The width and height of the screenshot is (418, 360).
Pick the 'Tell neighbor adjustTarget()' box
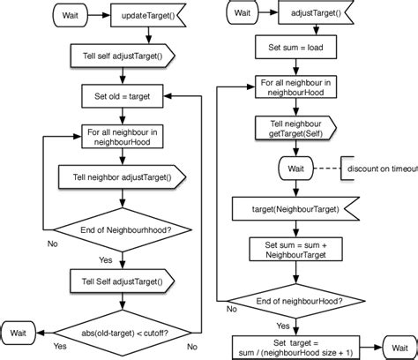click(122, 176)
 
